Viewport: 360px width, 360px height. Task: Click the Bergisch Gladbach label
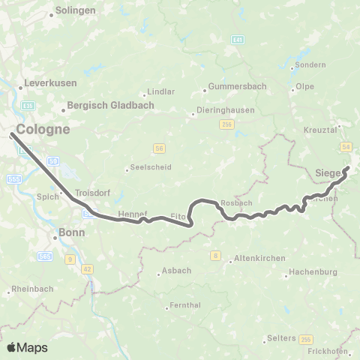110,106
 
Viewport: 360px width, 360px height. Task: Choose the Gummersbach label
237,85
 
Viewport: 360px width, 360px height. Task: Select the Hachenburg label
314,271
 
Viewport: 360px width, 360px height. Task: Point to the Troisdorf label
92,193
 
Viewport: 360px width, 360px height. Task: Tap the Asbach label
176,271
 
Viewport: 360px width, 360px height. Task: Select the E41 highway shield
238,39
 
